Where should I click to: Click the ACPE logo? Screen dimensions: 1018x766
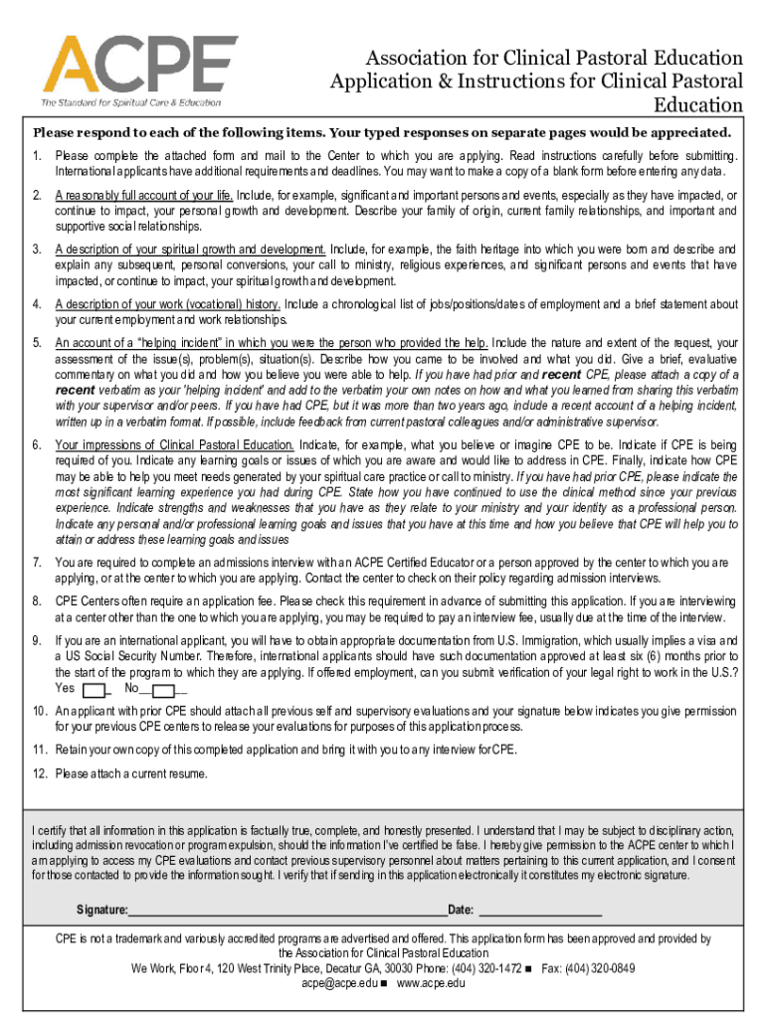pyautogui.click(x=130, y=64)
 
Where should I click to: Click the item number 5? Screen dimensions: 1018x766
pyautogui.click(x=36, y=343)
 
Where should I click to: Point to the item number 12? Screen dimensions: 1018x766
pyautogui.click(x=38, y=773)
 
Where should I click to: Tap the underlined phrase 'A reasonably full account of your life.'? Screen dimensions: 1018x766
pyautogui.click(x=143, y=195)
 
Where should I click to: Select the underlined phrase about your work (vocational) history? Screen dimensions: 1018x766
pyautogui.click(x=168, y=304)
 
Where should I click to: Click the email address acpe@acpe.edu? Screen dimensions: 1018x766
pyautogui.click(x=339, y=983)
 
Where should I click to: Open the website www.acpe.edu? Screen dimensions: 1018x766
pyautogui.click(x=431, y=983)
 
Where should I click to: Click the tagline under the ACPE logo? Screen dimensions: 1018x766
pyautogui.click(x=130, y=102)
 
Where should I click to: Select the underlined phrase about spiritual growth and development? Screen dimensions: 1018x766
pyautogui.click(x=190, y=249)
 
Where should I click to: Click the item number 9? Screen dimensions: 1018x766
pyautogui.click(x=36, y=640)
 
